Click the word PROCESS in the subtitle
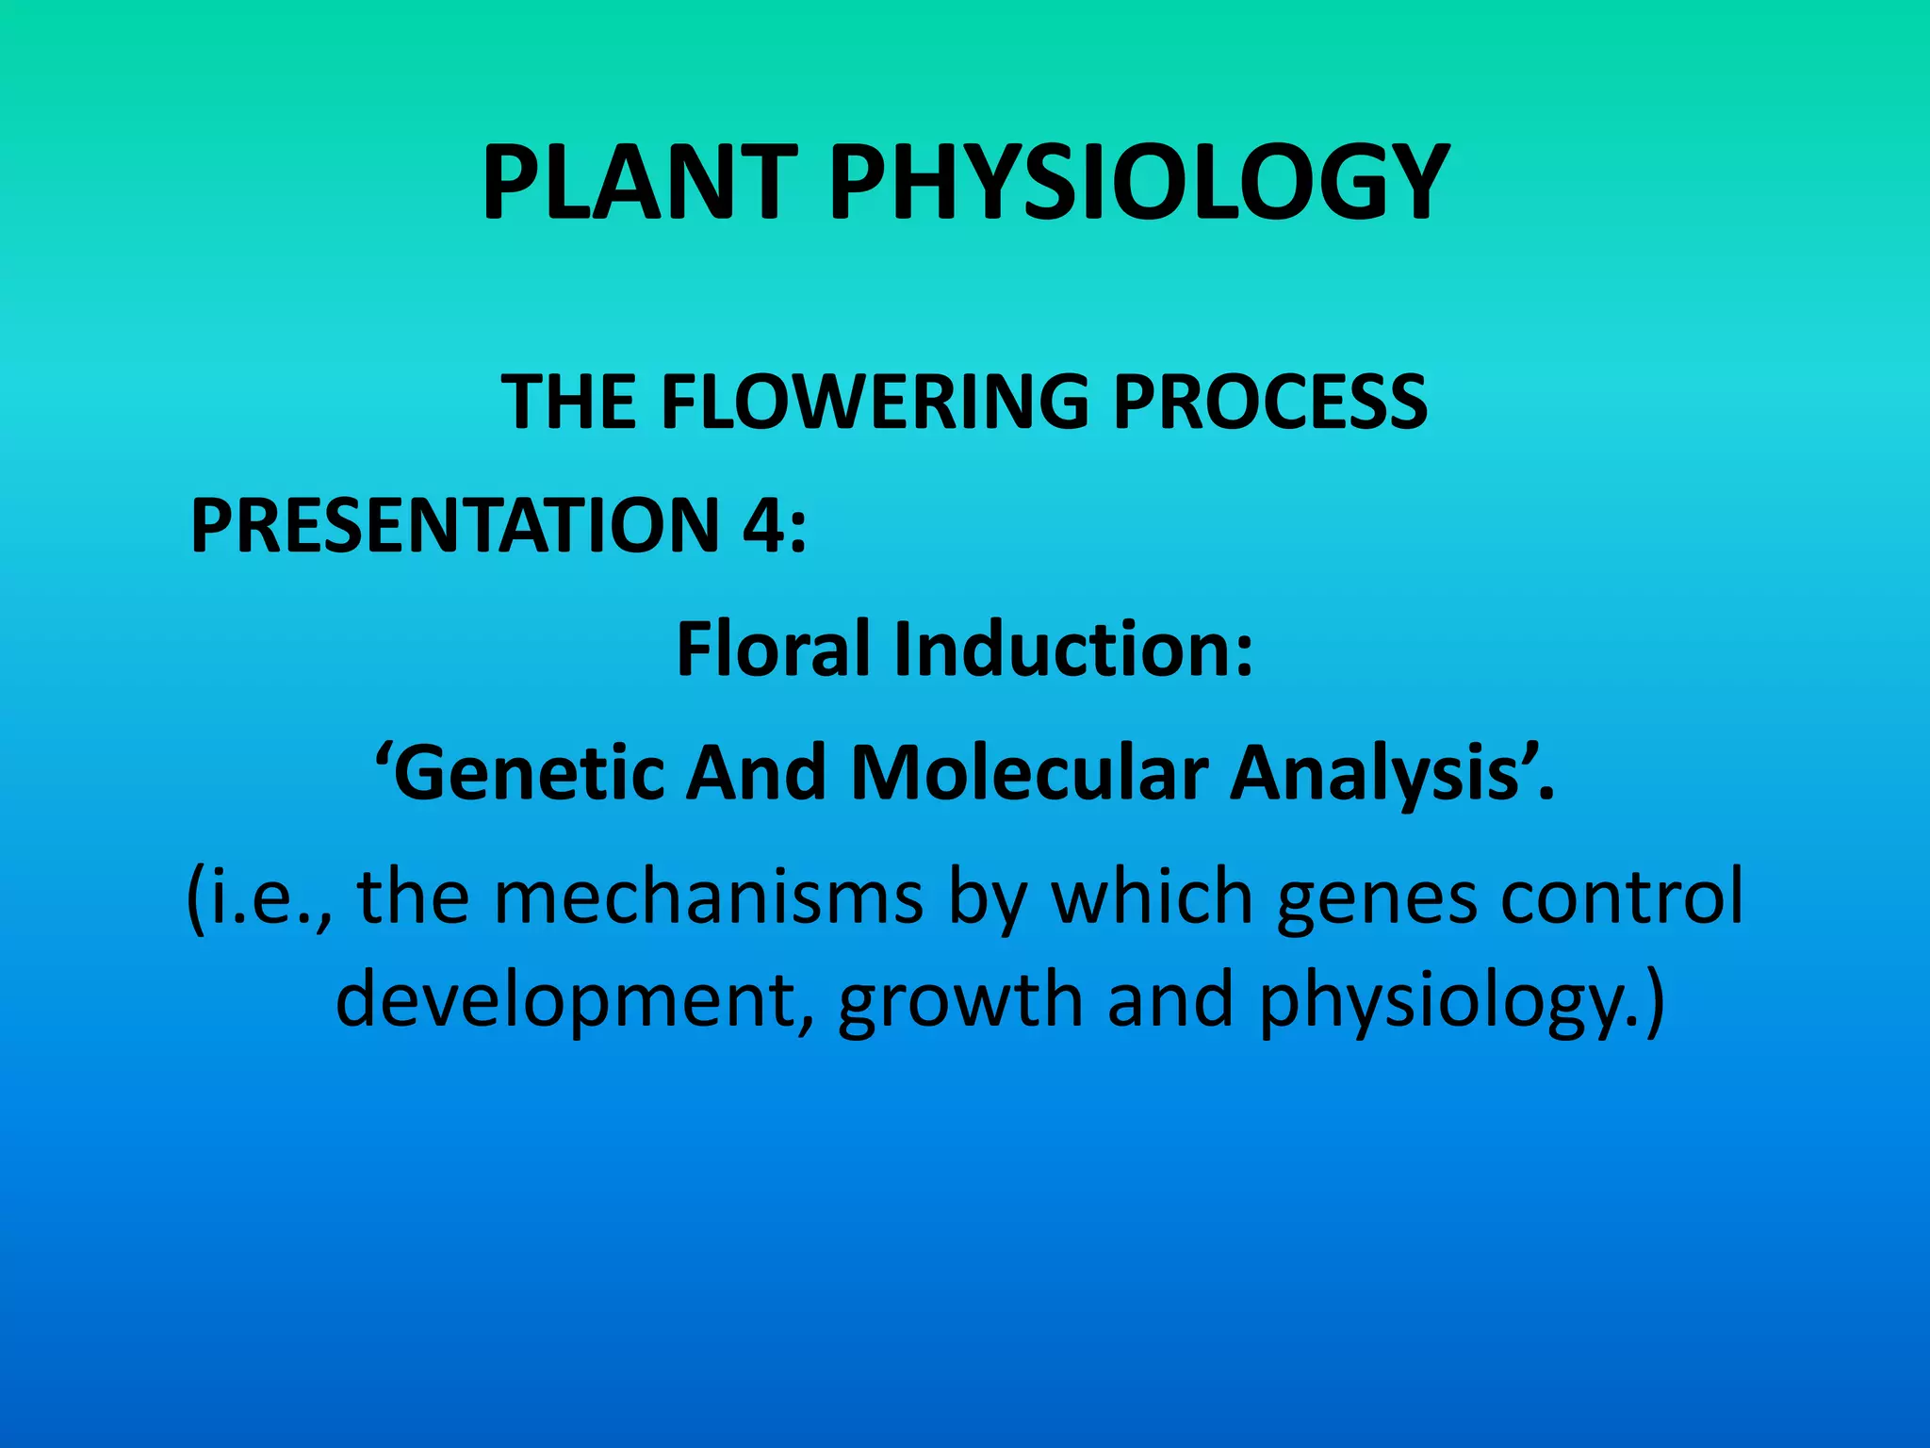[x=1269, y=402]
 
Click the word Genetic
[x=528, y=773]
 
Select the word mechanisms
[x=708, y=897]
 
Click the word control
[x=1622, y=897]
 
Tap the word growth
[x=960, y=1001]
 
